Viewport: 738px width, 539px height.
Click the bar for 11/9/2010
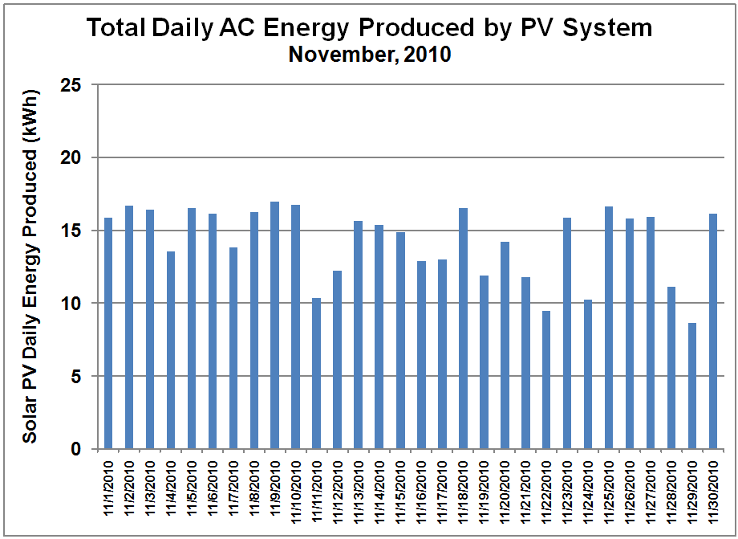coord(275,325)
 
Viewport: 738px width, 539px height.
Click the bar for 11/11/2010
coord(317,374)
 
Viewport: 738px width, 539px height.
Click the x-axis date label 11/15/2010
coord(400,491)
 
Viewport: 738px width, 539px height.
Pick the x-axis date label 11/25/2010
coord(609,491)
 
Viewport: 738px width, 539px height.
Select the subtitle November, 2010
coord(370,55)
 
